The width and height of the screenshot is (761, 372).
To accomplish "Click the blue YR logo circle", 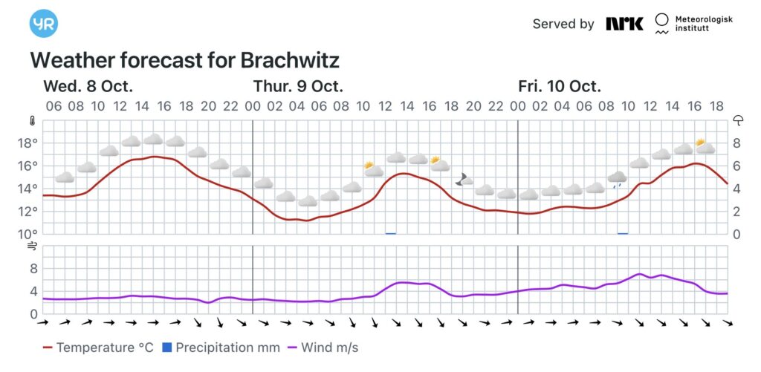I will [44, 23].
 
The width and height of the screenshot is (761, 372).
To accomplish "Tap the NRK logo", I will [624, 24].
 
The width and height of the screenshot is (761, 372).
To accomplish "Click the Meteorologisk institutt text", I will [702, 24].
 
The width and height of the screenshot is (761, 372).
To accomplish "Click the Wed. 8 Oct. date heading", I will [88, 85].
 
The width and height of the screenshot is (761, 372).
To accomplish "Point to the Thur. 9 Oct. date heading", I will [298, 85].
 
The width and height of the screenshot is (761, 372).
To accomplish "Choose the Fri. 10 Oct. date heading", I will [560, 85].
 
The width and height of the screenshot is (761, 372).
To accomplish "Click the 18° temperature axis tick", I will [30, 143].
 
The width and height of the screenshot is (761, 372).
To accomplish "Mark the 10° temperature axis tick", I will [30, 234].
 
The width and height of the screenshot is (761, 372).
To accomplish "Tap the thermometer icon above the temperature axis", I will [32, 120].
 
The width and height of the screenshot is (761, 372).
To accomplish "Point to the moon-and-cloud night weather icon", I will [464, 179].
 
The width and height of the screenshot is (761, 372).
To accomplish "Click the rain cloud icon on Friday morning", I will [618, 178].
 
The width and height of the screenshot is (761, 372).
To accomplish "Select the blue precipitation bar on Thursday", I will [390, 233].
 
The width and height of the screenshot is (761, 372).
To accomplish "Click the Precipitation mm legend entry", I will [221, 347].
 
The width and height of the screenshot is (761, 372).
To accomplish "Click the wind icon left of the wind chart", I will [32, 245].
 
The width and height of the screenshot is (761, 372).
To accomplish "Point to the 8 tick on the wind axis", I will [33, 269].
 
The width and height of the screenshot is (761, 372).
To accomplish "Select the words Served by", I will [563, 24].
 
